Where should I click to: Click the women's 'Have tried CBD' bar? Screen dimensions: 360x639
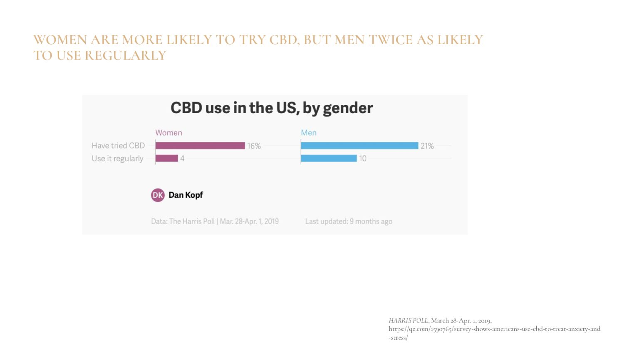click(x=200, y=146)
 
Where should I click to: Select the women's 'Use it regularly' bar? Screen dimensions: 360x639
click(x=167, y=158)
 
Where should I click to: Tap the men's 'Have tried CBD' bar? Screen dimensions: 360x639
click(x=359, y=146)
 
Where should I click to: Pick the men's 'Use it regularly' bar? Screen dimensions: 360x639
click(x=329, y=158)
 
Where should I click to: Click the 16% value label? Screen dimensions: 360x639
click(x=254, y=146)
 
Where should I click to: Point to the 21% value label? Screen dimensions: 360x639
click(x=427, y=146)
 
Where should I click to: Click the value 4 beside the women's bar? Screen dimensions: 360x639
click(x=182, y=159)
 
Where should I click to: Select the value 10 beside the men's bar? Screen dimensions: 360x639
click(x=363, y=159)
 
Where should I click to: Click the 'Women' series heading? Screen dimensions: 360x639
click(x=168, y=133)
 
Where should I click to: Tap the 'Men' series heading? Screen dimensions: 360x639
click(x=309, y=133)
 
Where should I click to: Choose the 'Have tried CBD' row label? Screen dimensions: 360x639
click(x=118, y=146)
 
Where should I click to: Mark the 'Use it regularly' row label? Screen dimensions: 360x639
click(x=117, y=159)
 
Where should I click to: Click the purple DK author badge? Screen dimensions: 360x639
click(x=158, y=195)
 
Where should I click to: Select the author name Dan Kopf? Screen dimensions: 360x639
click(x=186, y=195)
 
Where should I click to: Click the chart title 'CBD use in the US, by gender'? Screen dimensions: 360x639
click(x=272, y=108)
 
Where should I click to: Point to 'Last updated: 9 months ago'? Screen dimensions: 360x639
click(x=349, y=221)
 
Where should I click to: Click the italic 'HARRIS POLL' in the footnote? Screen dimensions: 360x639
click(x=408, y=320)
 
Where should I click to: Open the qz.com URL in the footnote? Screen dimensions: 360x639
click(x=494, y=329)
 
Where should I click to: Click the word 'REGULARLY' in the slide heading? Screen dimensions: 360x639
click(x=126, y=55)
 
